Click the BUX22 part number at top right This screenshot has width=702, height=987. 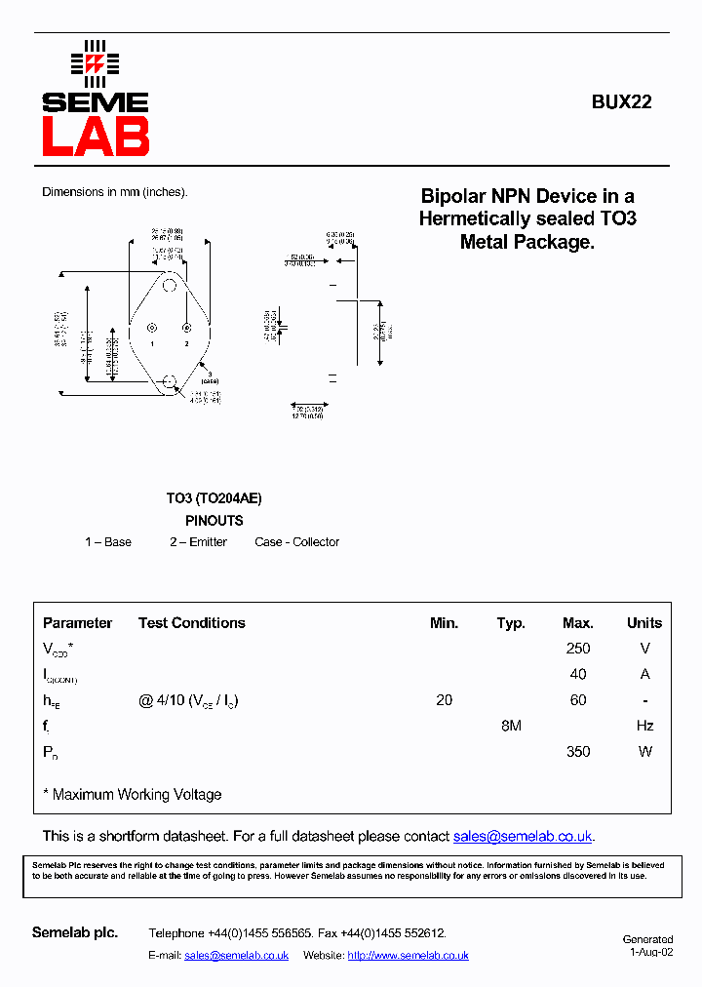click(x=621, y=101)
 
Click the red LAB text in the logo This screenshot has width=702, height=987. click(x=95, y=137)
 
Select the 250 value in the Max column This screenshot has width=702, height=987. click(x=577, y=649)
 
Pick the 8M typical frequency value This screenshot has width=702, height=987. click(x=511, y=726)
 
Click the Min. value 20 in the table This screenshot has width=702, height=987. click(x=444, y=700)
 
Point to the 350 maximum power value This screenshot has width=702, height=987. click(x=577, y=752)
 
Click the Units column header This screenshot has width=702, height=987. click(x=643, y=623)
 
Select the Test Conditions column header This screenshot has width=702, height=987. click(x=191, y=623)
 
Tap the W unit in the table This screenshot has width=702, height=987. click(x=644, y=752)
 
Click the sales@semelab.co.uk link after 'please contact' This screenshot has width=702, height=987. click(x=523, y=837)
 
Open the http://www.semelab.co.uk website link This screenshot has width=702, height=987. click(x=408, y=956)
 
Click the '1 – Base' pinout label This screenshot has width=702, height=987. click(x=108, y=542)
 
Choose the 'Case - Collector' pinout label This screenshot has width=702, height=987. click(x=296, y=542)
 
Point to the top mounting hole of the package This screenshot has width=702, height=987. click(x=170, y=286)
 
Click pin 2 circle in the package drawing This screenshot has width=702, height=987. click(x=186, y=328)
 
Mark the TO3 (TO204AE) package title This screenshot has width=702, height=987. click(x=214, y=498)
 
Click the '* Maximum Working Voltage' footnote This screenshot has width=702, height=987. click(x=133, y=795)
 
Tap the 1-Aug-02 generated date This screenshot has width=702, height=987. click(x=650, y=953)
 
